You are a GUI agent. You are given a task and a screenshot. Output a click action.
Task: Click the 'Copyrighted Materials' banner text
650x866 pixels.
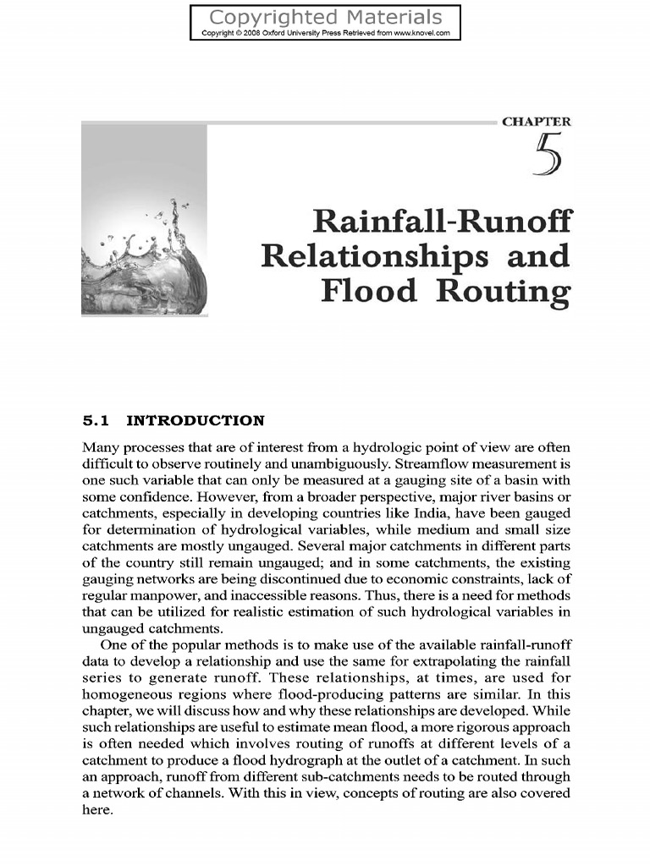click(x=325, y=17)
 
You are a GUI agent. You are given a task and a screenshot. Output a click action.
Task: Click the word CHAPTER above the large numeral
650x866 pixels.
click(x=536, y=122)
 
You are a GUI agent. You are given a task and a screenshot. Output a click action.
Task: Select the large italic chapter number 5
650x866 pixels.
click(x=548, y=157)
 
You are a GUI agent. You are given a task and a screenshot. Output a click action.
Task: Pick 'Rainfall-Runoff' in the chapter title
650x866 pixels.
click(x=442, y=222)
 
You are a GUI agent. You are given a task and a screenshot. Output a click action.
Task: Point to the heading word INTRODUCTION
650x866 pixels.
click(x=196, y=420)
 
